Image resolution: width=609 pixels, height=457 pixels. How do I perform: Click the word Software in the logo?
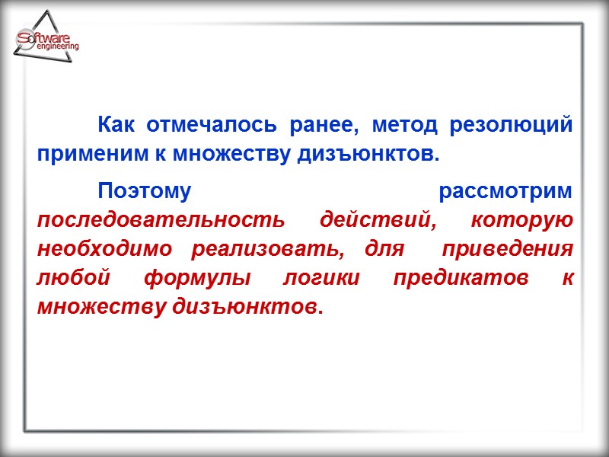[x=44, y=38]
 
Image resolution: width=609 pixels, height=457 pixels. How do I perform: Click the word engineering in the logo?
[x=57, y=47]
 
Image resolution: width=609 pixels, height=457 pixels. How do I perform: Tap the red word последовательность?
[x=161, y=220]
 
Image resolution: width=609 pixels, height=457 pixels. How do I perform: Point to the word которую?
[x=521, y=220]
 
